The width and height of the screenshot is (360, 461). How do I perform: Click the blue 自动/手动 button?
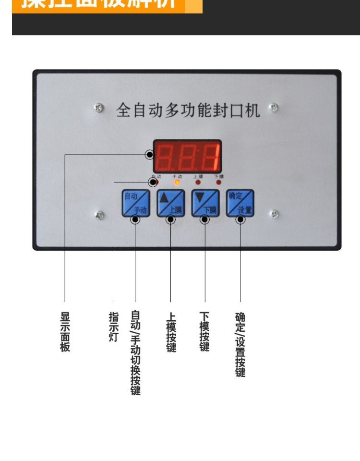[x=135, y=203]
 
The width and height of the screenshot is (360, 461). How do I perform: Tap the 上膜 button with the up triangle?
[x=170, y=203]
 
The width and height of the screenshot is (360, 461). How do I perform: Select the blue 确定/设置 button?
[x=240, y=203]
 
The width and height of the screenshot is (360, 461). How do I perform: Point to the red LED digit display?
[x=187, y=156]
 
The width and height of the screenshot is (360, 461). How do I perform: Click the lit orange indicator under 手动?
[x=177, y=182]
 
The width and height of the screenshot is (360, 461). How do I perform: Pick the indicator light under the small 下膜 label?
[x=219, y=182]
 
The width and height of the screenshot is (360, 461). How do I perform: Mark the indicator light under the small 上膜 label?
[x=198, y=182]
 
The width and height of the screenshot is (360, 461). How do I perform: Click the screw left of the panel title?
[x=99, y=108]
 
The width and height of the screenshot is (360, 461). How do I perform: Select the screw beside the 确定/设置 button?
[x=275, y=214]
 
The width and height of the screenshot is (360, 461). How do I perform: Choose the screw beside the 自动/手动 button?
[x=99, y=215]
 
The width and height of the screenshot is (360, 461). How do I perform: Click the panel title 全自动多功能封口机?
[x=188, y=110]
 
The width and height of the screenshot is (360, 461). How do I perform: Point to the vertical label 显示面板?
[x=65, y=331]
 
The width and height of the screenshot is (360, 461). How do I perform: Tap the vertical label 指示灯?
[x=114, y=327]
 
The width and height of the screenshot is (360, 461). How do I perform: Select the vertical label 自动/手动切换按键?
[x=135, y=353]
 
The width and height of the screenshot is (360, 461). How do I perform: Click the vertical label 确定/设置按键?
[x=240, y=344]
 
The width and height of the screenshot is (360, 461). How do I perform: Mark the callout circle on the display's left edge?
[x=150, y=155]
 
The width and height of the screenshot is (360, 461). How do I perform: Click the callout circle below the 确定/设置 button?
[x=240, y=219]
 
